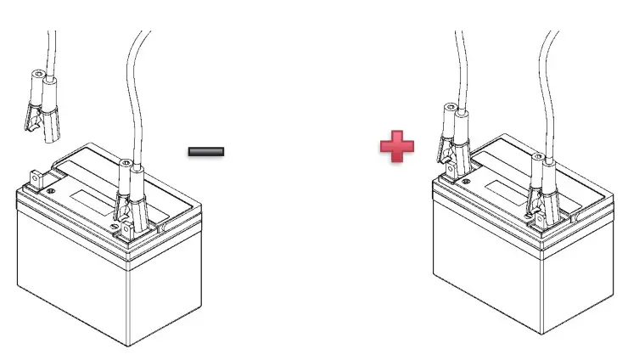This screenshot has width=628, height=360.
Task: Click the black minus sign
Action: [x=206, y=152]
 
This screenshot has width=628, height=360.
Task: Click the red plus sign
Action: [x=396, y=146]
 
